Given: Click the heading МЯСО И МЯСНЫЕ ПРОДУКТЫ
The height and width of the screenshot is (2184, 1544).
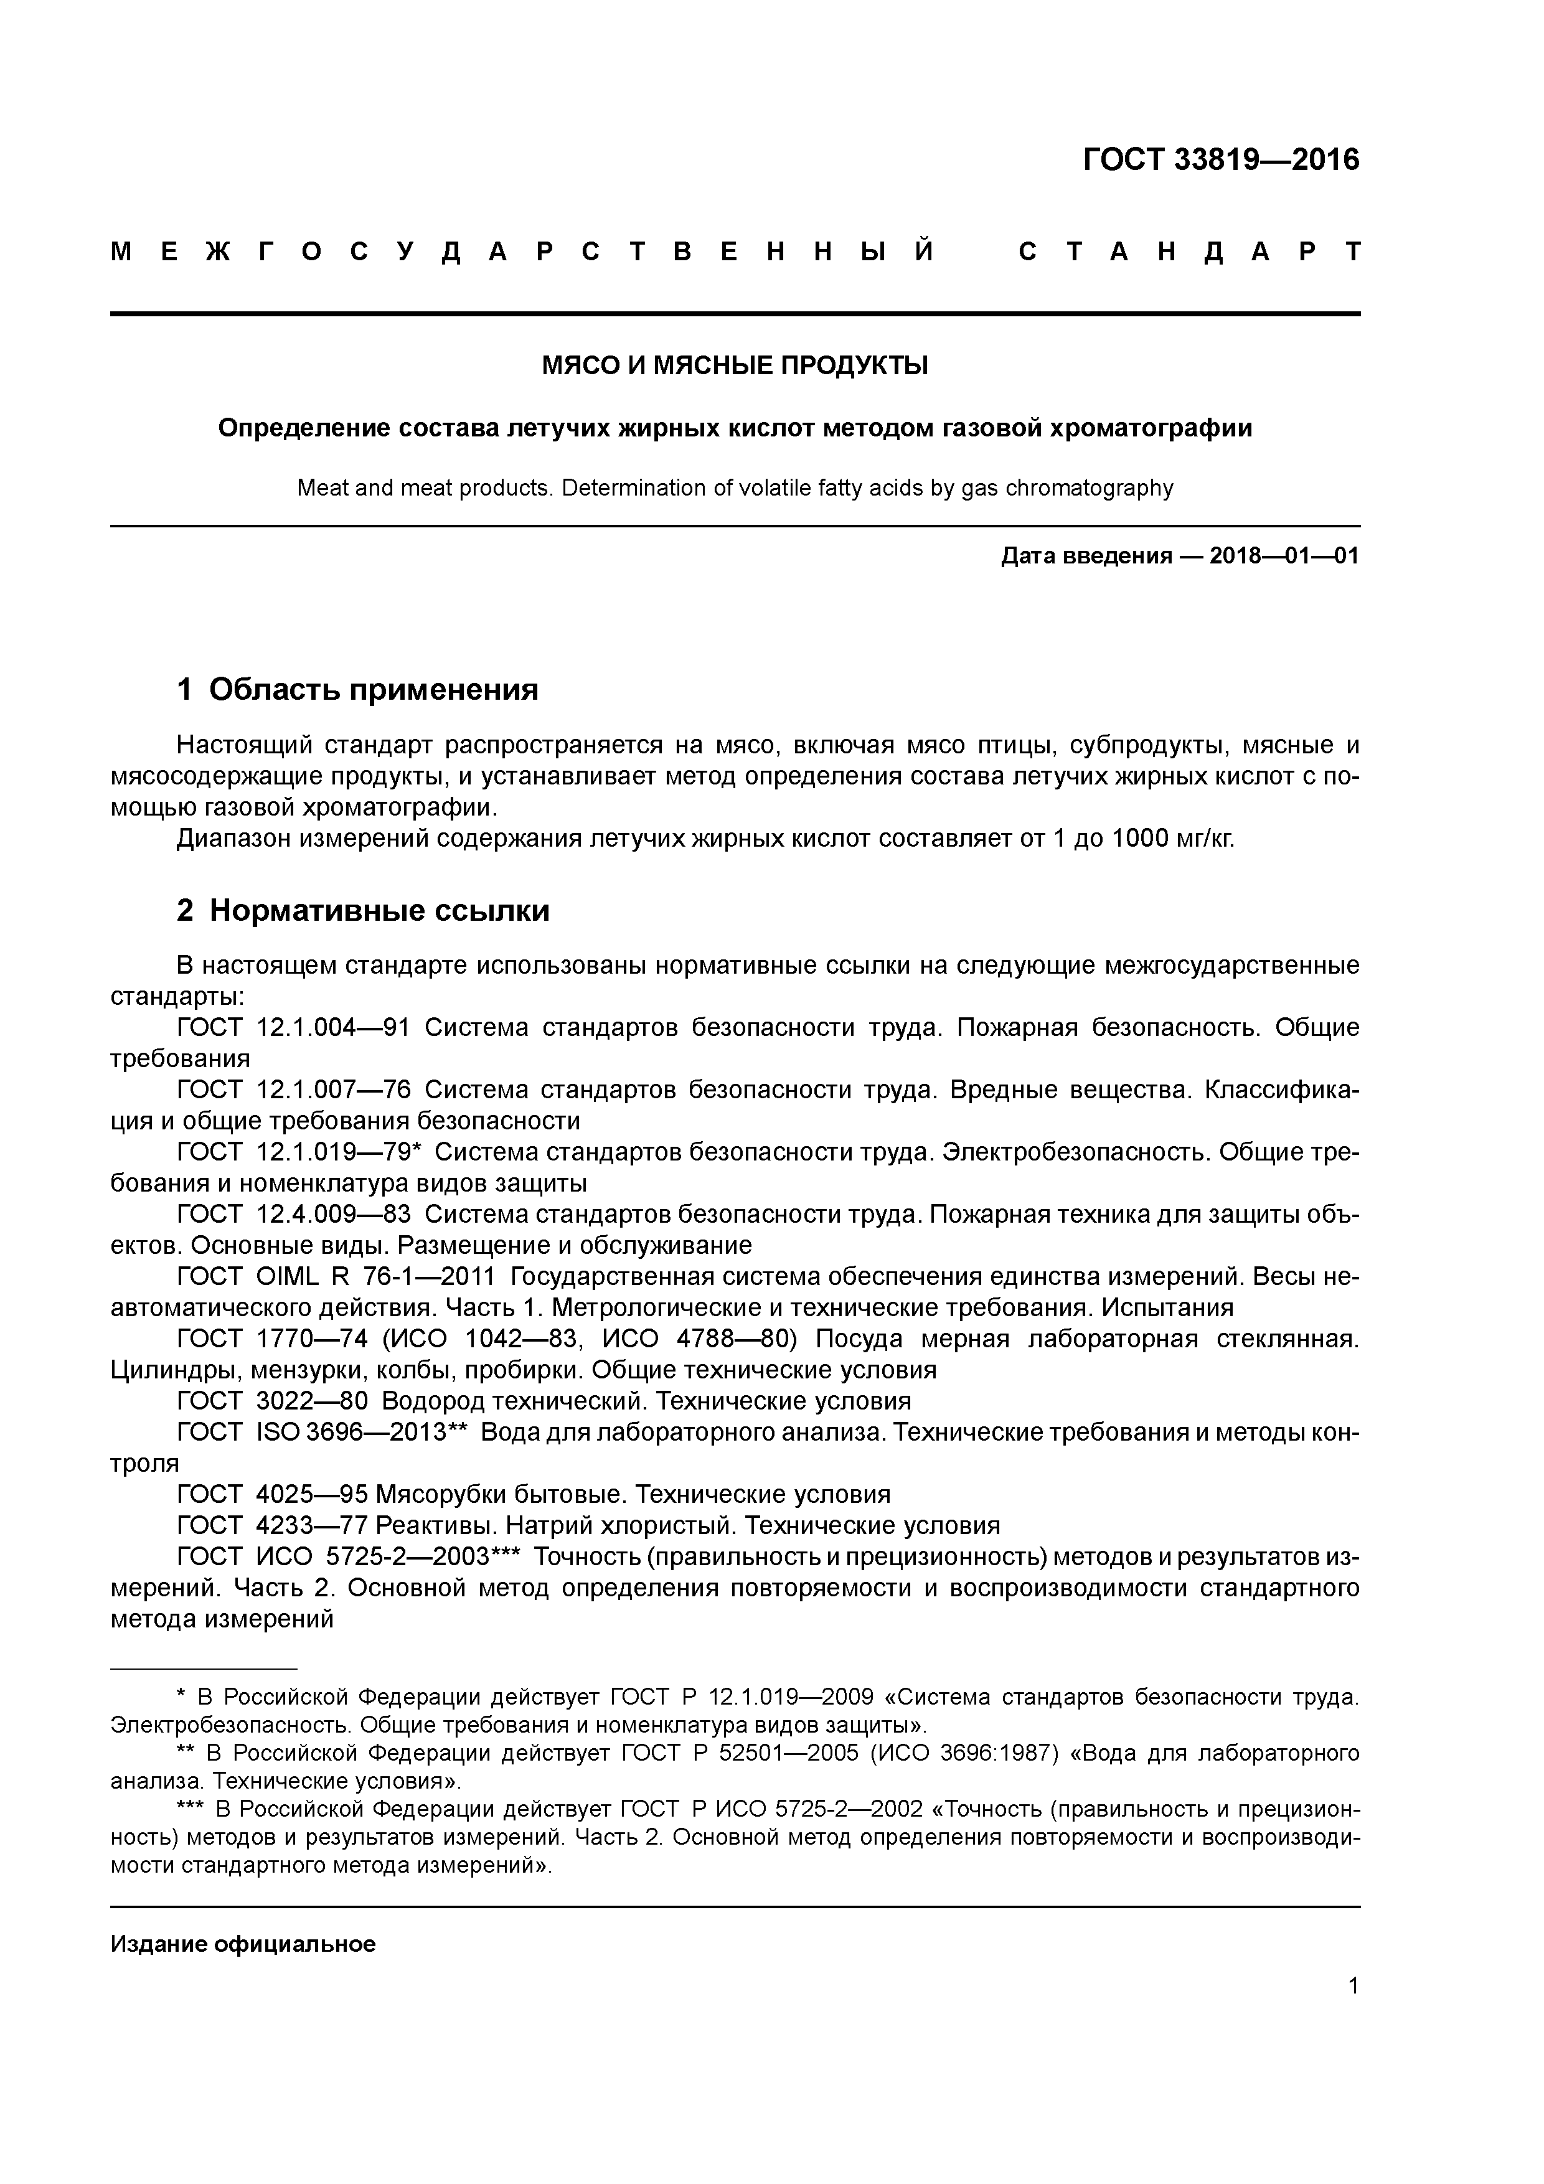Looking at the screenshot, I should tap(735, 365).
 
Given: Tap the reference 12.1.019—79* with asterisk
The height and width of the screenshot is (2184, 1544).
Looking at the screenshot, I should tap(339, 1152).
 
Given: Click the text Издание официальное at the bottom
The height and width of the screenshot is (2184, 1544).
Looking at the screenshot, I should tap(243, 1943).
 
